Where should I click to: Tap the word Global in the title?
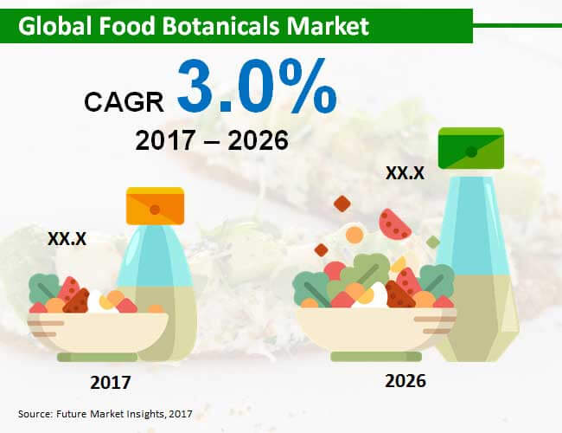click(x=54, y=26)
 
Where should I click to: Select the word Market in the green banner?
click(x=328, y=26)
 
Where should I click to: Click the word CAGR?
click(x=124, y=102)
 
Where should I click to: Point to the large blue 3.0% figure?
click(x=257, y=87)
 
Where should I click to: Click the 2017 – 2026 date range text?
click(x=212, y=140)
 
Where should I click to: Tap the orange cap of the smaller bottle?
click(x=155, y=206)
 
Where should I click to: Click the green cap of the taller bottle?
click(x=471, y=148)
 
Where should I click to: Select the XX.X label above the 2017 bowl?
click(x=67, y=239)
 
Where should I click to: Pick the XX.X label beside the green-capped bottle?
click(x=405, y=173)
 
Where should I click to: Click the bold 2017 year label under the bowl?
click(x=111, y=383)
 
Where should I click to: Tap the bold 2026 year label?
click(x=406, y=381)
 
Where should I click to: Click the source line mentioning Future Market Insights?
click(x=105, y=414)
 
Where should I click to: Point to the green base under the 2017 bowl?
click(x=98, y=358)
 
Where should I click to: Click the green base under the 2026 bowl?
click(x=376, y=357)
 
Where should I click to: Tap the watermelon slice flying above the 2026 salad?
click(x=394, y=225)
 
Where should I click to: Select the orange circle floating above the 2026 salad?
click(x=354, y=235)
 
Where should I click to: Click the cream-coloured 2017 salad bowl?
click(x=98, y=332)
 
